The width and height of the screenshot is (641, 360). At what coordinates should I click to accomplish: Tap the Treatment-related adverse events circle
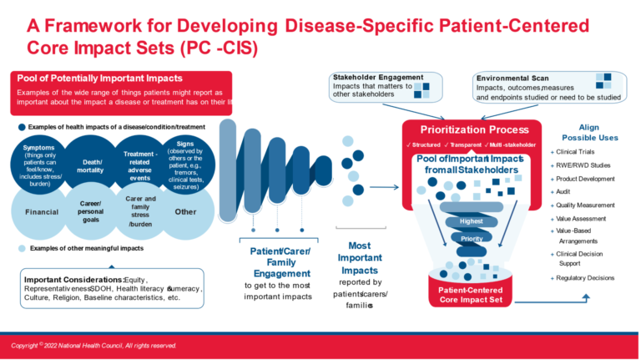[x=140, y=166]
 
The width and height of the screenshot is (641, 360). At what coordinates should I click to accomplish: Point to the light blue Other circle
[x=185, y=212]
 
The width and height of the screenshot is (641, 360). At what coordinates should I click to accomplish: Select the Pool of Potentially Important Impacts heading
[x=92, y=79]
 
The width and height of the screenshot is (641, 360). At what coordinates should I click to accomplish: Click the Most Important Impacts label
[x=360, y=258]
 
